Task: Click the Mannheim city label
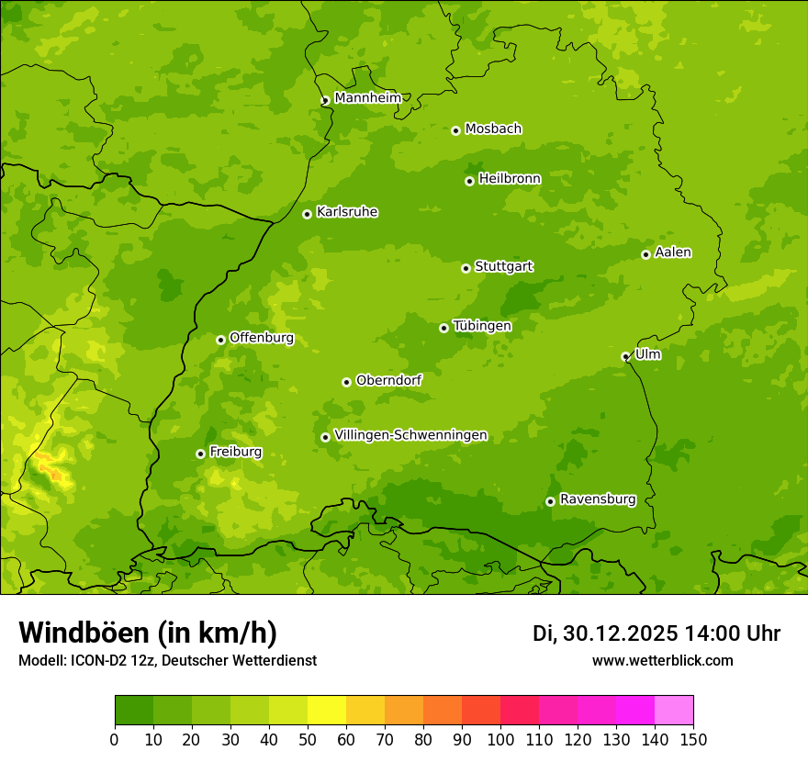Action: (x=367, y=98)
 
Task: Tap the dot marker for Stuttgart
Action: (x=466, y=268)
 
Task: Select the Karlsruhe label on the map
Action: (x=347, y=212)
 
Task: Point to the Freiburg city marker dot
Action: (x=200, y=454)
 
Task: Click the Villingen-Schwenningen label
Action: (x=410, y=435)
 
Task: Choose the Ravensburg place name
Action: (x=597, y=499)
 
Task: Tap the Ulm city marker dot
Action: (x=625, y=356)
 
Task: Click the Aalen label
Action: (x=672, y=252)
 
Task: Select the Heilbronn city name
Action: (x=510, y=179)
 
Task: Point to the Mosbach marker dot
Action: (x=455, y=130)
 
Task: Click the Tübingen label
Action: (x=481, y=326)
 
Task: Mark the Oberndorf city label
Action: (x=388, y=380)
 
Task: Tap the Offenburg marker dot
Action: (x=220, y=340)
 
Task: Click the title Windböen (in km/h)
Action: (x=147, y=633)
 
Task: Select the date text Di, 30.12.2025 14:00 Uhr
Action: (x=656, y=633)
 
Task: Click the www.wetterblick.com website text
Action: (x=662, y=660)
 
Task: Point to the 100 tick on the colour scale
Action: (x=500, y=739)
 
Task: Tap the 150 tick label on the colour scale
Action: (x=692, y=739)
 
